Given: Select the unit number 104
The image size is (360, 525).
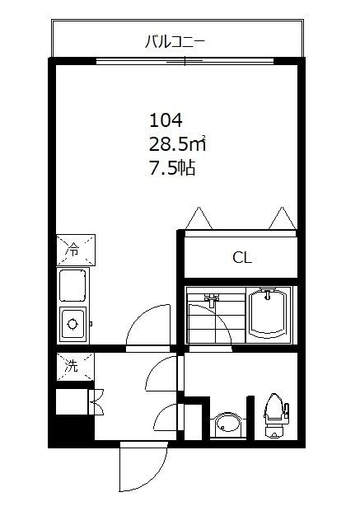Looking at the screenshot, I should [165, 120].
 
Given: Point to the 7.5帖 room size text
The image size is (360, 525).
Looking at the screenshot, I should [171, 169].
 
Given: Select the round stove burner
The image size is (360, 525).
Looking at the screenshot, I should [74, 321].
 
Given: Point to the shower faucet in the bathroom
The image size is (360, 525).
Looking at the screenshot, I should [211, 301].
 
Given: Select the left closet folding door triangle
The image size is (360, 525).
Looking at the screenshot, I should [199, 218].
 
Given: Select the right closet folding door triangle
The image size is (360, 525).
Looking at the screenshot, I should [279, 218].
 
